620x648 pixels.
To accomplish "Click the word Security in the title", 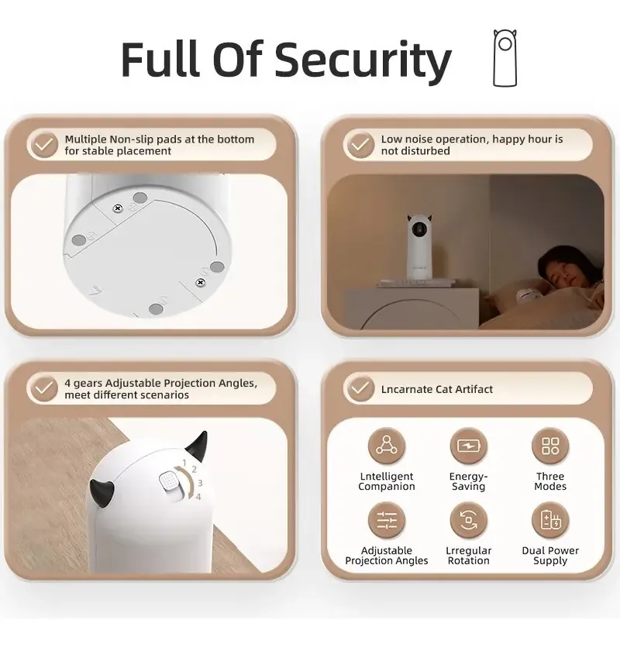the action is click(x=363, y=60).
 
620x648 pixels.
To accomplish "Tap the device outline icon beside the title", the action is click(x=505, y=58).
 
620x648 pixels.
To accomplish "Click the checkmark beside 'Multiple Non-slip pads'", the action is click(x=44, y=145).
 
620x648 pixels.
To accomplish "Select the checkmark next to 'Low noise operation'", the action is click(x=360, y=145).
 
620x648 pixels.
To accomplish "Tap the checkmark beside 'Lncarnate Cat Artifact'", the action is click(x=360, y=388).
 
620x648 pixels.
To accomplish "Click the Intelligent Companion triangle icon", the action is click(x=387, y=446).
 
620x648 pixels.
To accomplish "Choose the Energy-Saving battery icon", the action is click(x=468, y=446).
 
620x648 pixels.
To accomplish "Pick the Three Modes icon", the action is click(x=550, y=446).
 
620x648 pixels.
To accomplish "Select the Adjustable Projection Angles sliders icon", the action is click(x=387, y=520).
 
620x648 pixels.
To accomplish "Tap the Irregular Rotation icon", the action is click(x=468, y=520).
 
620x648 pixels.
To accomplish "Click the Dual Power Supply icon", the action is click(x=550, y=520).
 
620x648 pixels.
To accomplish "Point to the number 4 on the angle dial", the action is click(x=198, y=497).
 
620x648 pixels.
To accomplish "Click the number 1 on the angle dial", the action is click(x=184, y=463).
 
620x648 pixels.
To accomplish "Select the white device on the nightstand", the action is click(x=419, y=247).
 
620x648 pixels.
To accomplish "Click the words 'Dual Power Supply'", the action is click(x=550, y=556).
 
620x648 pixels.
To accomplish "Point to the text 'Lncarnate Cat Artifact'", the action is click(x=437, y=389).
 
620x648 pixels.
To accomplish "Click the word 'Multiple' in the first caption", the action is click(x=84, y=140).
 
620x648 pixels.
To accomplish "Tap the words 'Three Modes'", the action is click(x=550, y=481).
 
